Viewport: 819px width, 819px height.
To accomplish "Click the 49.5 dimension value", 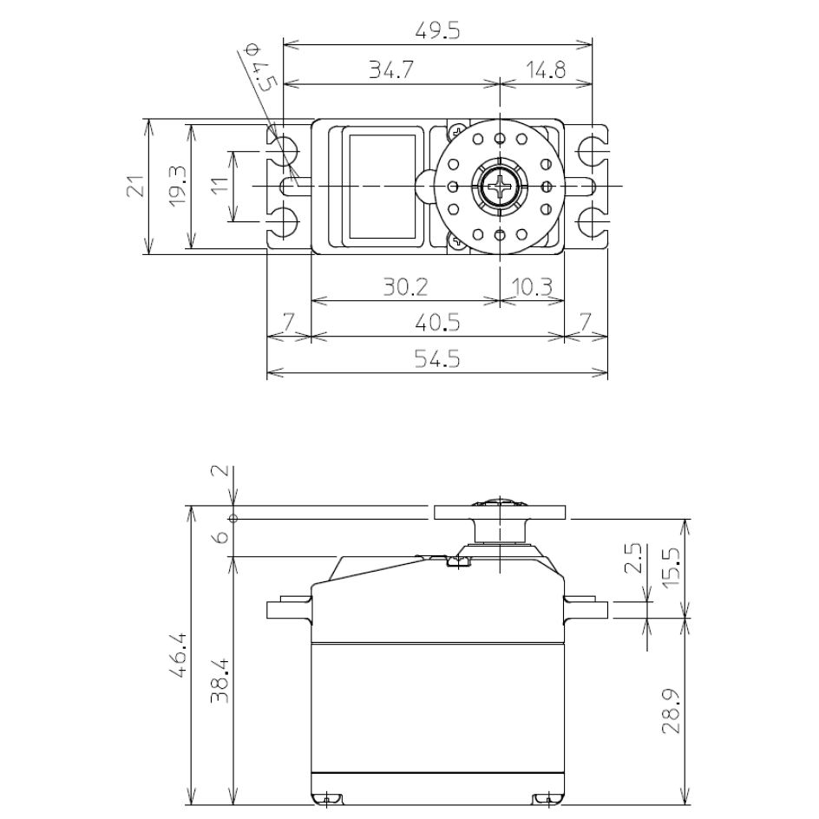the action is coord(437,31).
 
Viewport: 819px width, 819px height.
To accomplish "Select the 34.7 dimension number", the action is coord(391,69).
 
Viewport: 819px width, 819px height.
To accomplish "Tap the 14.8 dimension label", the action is coord(546,69).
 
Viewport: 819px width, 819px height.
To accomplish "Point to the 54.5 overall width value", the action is coord(437,359).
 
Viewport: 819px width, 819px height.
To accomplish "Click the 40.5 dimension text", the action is coord(437,323).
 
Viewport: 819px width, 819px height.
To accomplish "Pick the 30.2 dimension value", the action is coord(405,287).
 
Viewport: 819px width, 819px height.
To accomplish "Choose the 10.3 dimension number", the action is coord(532,287).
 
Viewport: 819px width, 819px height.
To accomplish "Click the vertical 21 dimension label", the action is coord(135,186).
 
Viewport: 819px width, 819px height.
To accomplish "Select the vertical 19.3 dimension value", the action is coord(178,186).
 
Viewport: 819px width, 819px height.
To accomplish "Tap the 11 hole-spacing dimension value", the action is coord(221,185).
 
